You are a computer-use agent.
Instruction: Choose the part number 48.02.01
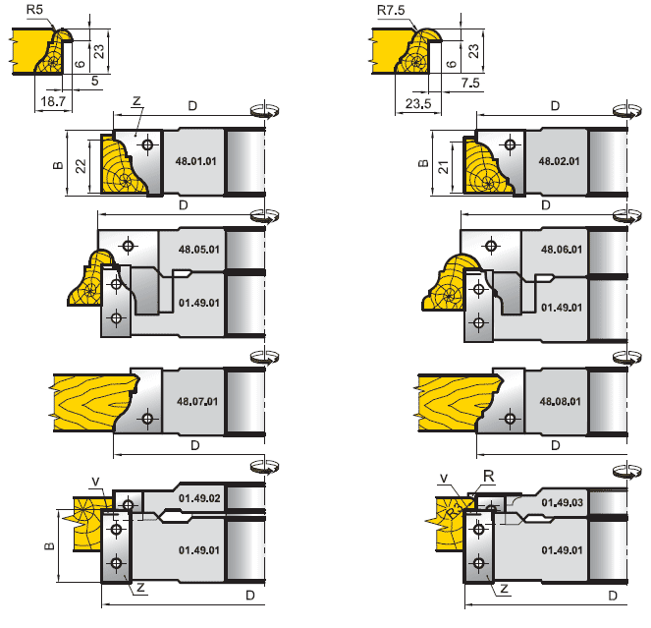(560, 159)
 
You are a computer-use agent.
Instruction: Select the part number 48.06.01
(560, 250)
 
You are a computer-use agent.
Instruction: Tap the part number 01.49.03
(561, 501)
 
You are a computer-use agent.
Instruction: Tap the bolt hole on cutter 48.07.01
(148, 420)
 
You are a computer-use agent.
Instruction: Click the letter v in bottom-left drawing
(95, 481)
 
